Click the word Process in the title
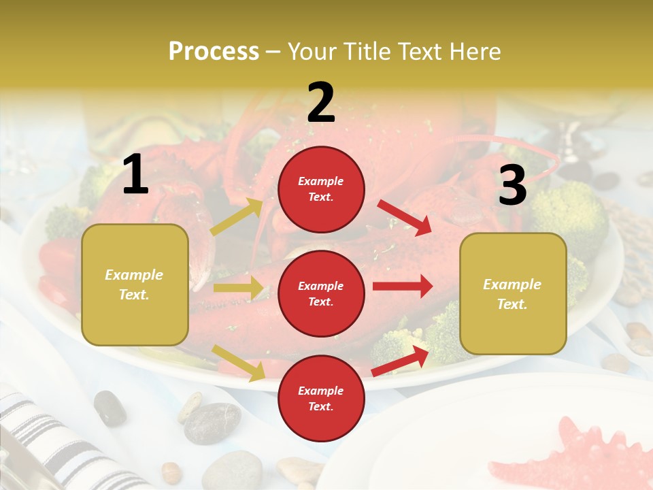[x=214, y=51]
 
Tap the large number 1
[x=135, y=175]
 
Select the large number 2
[x=321, y=103]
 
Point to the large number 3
[x=512, y=185]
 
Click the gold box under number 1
[x=135, y=284]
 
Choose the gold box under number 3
[x=513, y=294]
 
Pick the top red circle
[x=321, y=189]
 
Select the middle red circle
[x=321, y=294]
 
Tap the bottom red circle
[x=321, y=399]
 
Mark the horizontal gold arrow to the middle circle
[x=238, y=288]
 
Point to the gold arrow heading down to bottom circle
[x=238, y=362]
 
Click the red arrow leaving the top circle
[x=405, y=218]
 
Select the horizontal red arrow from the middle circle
[x=403, y=287]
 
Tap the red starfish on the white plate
[x=585, y=456]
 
